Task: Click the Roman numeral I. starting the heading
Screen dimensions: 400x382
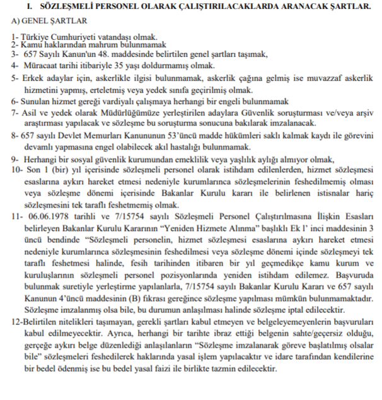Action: (28, 7)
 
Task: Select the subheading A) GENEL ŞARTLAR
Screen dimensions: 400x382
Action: (45, 21)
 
